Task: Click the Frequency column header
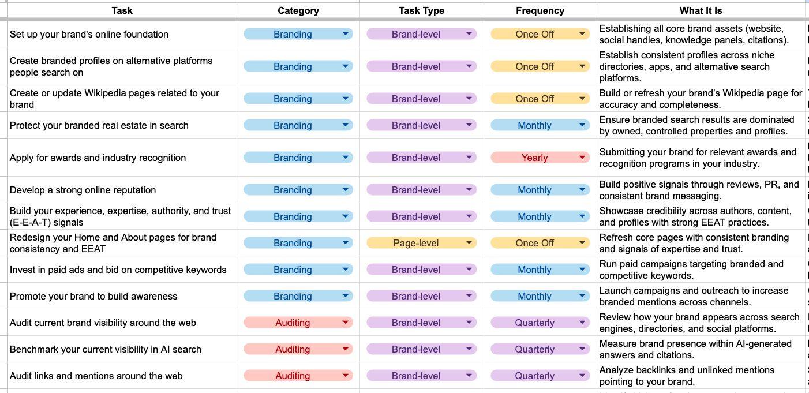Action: (x=540, y=11)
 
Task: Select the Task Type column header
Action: (x=421, y=11)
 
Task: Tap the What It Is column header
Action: (x=701, y=11)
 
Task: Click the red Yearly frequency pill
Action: (x=540, y=158)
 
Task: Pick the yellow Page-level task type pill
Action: (x=421, y=243)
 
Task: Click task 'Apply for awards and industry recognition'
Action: (x=98, y=158)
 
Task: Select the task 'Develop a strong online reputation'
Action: (x=83, y=190)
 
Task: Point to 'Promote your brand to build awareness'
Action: (x=93, y=296)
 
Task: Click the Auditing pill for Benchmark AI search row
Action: (x=298, y=349)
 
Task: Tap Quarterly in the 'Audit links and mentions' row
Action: (x=540, y=376)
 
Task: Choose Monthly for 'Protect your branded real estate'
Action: (x=540, y=125)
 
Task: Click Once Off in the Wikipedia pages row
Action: (x=540, y=99)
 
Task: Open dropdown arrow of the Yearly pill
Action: (x=582, y=157)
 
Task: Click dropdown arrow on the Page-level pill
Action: (x=469, y=243)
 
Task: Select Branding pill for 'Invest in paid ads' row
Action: (x=298, y=270)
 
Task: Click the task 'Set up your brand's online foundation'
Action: (x=89, y=34)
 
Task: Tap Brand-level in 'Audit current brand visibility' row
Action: (x=421, y=323)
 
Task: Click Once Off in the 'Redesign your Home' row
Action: (x=540, y=243)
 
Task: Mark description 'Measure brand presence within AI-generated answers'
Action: (x=695, y=349)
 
